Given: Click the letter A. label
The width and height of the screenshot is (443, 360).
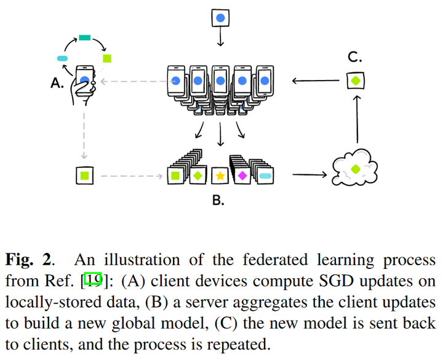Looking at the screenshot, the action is (x=57, y=83).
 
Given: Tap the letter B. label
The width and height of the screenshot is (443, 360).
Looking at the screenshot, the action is (x=218, y=200).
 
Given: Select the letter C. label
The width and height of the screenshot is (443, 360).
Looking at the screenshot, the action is (x=355, y=57).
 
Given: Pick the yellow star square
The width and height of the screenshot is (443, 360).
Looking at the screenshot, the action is (x=220, y=176).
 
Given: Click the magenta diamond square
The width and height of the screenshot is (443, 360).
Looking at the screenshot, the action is (x=242, y=176).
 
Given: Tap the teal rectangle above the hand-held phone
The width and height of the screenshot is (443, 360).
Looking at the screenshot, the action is (x=84, y=38).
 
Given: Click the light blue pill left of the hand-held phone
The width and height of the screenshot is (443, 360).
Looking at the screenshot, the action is (x=62, y=58).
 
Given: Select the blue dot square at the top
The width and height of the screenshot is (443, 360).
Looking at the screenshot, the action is (x=220, y=18).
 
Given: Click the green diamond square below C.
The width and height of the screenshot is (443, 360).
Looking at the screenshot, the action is (x=356, y=81).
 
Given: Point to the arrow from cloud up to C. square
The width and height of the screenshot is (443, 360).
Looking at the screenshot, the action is (x=357, y=119).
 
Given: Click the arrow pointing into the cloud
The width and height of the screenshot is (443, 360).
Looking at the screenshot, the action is (x=309, y=175).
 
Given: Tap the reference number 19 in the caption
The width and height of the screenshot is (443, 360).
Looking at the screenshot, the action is (x=93, y=281).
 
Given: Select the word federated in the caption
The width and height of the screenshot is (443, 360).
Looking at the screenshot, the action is (x=275, y=260).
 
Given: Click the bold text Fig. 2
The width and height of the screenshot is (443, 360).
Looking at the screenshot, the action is (x=28, y=260).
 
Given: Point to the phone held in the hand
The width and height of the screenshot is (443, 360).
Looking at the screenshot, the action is (x=85, y=81).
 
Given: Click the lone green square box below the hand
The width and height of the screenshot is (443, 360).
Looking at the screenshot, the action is (x=85, y=176).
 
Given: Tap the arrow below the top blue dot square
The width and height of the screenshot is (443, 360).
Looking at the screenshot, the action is (x=220, y=37).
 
